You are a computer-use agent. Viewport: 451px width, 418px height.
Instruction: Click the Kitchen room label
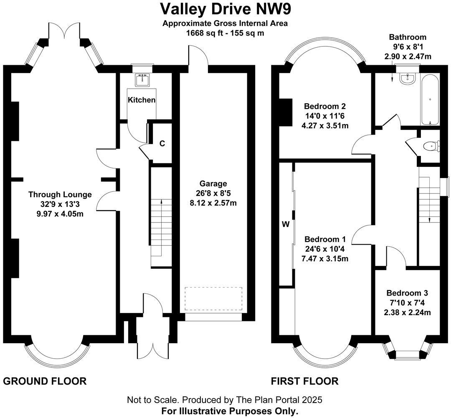click(142, 100)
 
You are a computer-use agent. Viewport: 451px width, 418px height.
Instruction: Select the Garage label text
click(213, 184)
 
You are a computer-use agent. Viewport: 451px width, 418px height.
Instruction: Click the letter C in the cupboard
click(162, 143)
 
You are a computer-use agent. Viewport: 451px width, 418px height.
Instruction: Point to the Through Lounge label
click(60, 194)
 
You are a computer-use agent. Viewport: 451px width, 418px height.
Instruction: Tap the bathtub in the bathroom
click(430, 99)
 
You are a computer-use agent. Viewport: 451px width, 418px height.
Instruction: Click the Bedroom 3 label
click(407, 293)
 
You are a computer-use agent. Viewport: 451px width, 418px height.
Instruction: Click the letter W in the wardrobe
click(286, 224)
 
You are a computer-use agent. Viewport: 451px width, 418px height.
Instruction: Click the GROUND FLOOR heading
click(45, 381)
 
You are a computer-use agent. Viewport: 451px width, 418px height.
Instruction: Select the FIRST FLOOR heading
click(304, 381)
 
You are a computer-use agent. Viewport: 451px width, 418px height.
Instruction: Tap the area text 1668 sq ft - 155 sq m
click(225, 33)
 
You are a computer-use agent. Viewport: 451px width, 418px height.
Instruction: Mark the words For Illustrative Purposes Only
click(230, 411)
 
